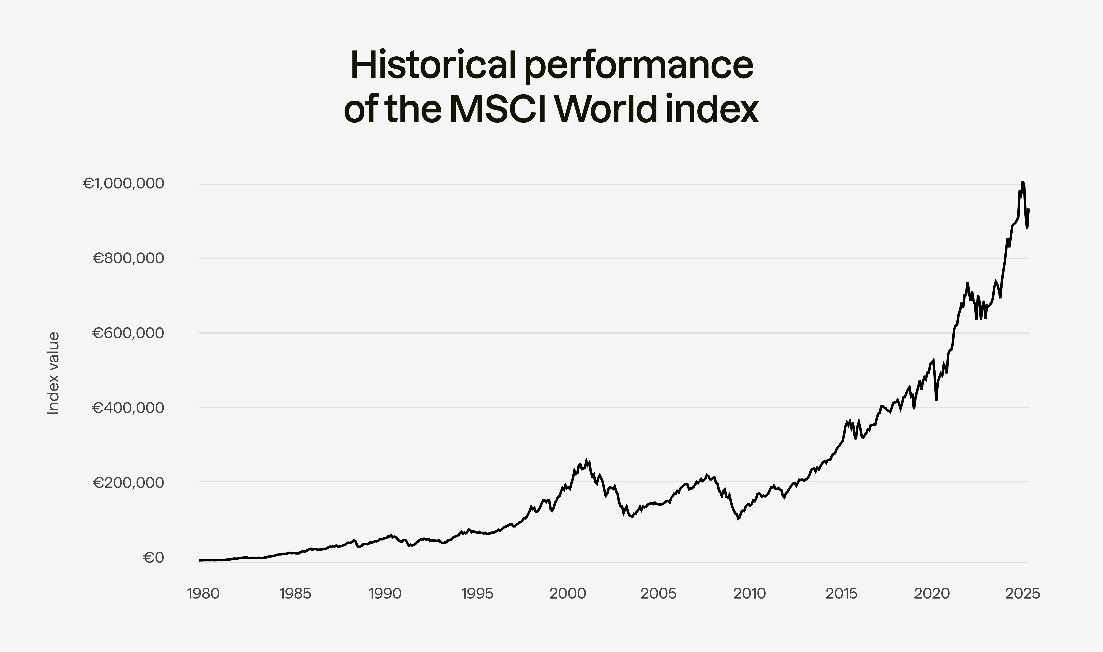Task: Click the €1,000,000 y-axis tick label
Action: pos(124,184)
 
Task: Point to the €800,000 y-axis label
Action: pos(128,258)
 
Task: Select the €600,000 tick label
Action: pos(128,333)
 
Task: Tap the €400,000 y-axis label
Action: pos(128,408)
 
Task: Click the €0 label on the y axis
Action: pos(153,558)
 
